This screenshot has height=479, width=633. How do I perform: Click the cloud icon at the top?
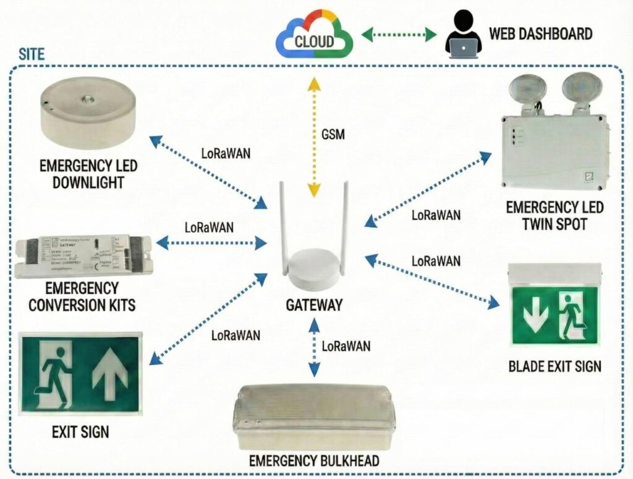click(314, 38)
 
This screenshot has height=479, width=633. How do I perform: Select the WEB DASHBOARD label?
click(540, 33)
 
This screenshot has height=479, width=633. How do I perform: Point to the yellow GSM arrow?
click(315, 133)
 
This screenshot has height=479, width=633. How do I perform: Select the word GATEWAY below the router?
click(314, 305)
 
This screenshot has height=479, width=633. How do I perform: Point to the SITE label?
click(32, 54)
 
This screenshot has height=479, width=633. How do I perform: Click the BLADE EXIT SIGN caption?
click(554, 366)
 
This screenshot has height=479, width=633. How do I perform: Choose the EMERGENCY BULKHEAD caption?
click(313, 461)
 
